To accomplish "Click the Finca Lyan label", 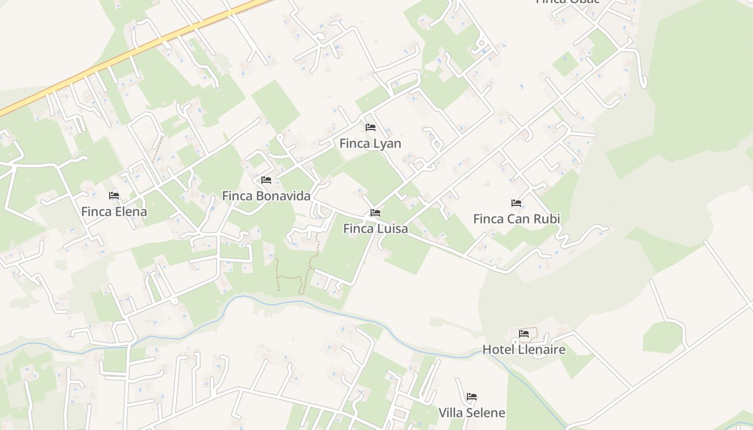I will point(370,144).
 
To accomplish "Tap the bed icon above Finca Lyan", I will point(370,127).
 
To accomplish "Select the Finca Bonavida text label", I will point(266,196).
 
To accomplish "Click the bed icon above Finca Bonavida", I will point(266,180).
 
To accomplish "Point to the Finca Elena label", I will point(114,212).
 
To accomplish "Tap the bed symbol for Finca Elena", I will point(113,196).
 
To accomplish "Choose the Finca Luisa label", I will point(375,229).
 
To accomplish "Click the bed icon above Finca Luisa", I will point(375,213).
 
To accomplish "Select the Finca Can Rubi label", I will point(516,219).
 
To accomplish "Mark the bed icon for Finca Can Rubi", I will point(516,203).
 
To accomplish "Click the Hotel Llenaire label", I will point(524,350).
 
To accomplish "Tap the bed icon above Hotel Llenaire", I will point(524,334).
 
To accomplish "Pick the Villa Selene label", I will point(472,413).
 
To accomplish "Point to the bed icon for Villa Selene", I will point(472,397).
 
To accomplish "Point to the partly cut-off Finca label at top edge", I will point(567,2).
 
